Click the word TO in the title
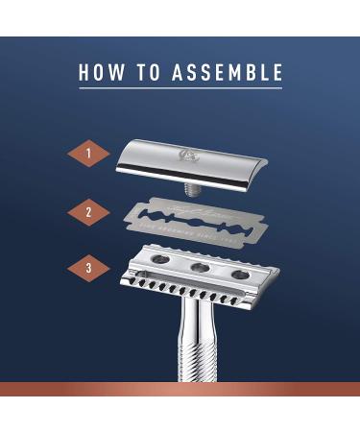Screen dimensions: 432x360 point(149,73)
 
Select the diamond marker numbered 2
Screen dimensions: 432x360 point(89,211)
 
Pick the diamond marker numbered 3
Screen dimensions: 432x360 point(89,270)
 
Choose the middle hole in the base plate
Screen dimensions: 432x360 point(203,268)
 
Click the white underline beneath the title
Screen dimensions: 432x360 point(180,89)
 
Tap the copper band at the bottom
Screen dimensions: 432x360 point(180,389)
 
